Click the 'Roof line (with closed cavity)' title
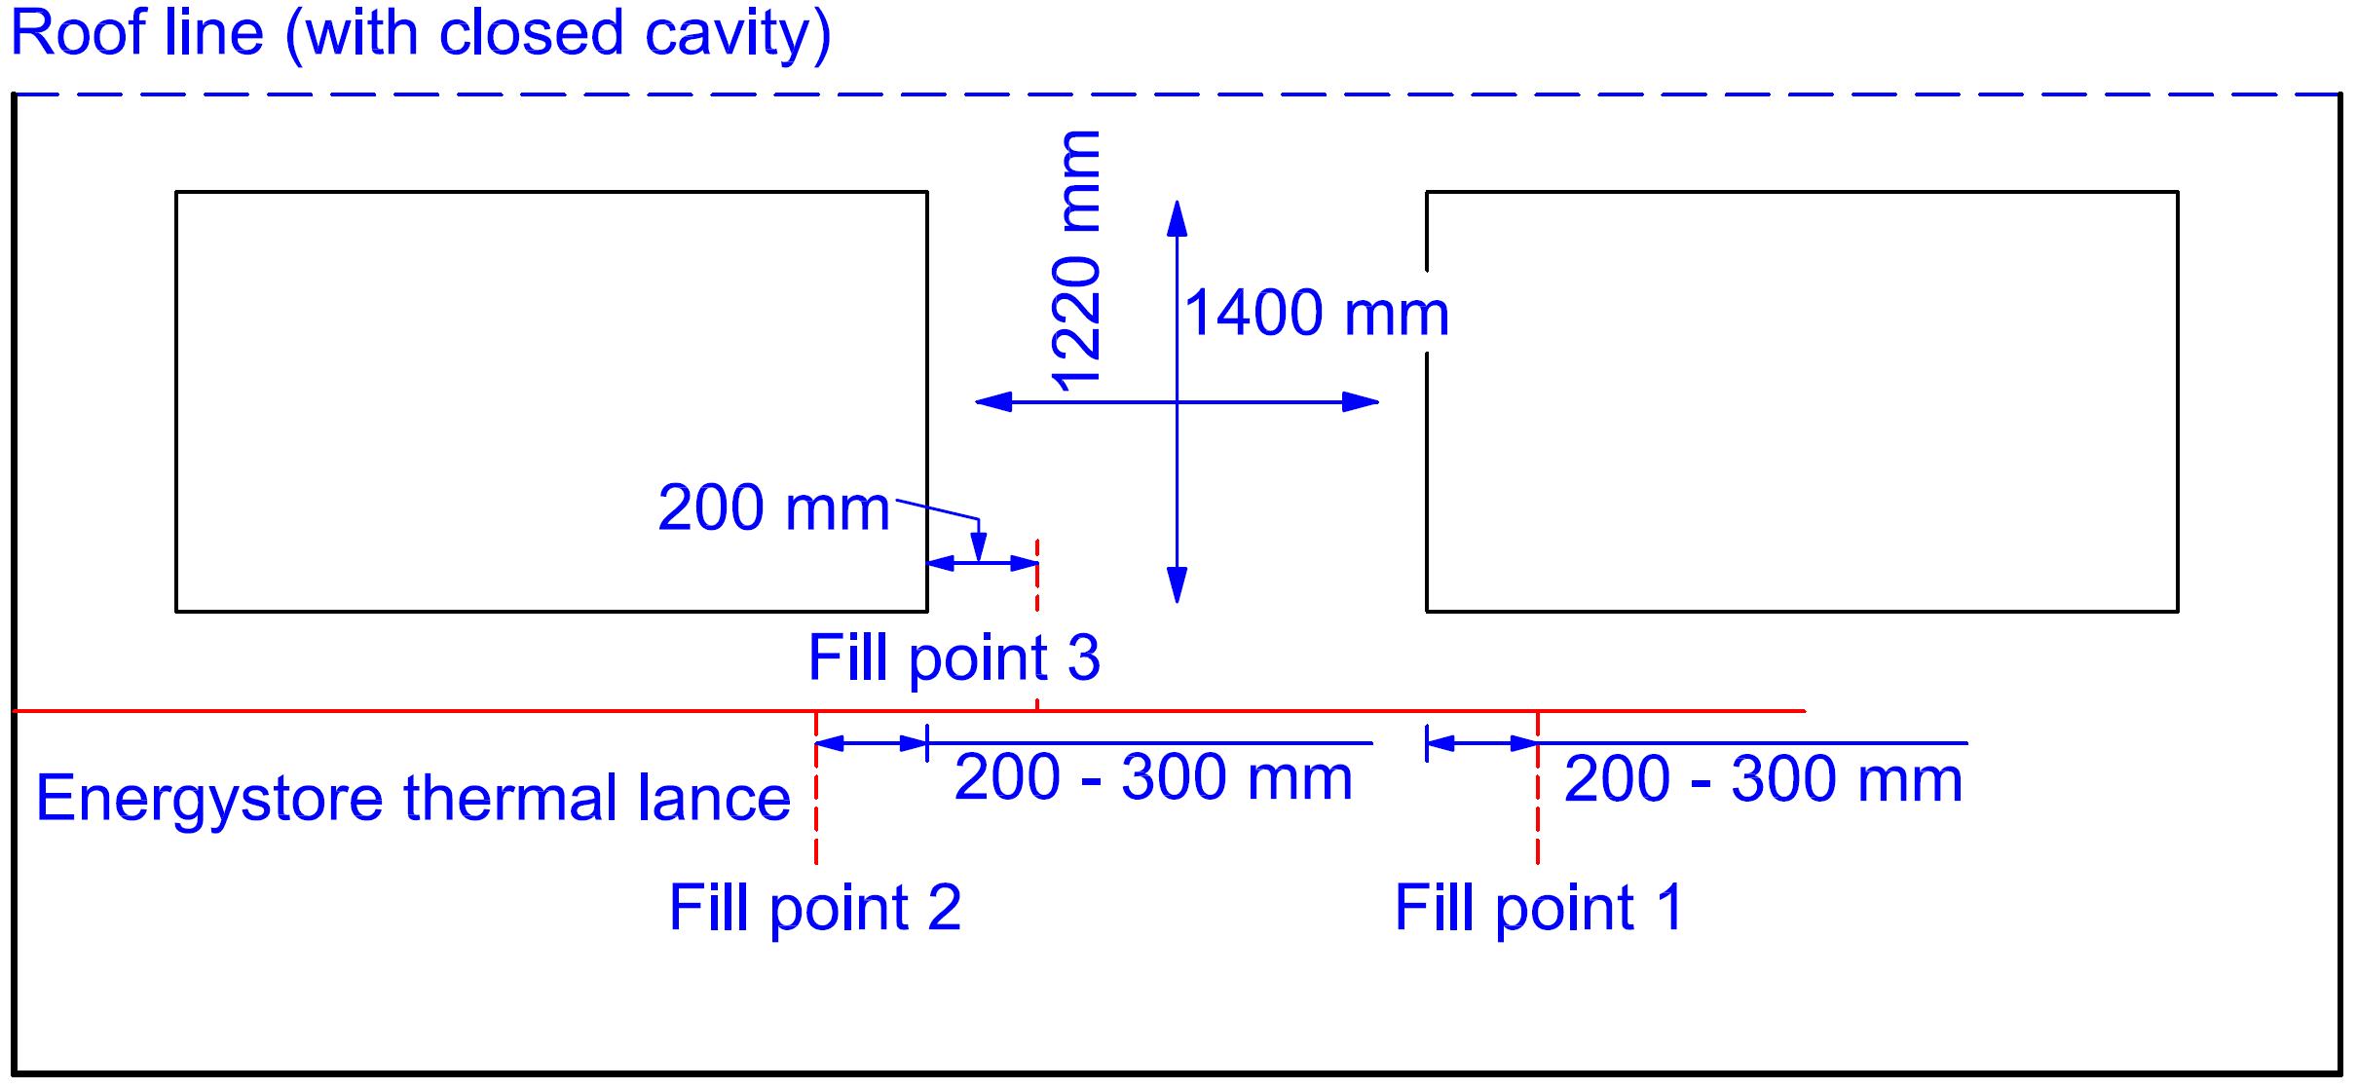[421, 35]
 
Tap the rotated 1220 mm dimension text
[1077, 261]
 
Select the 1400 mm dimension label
[1317, 314]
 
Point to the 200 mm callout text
[773, 508]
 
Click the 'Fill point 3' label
[954, 657]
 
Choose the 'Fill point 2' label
[814, 908]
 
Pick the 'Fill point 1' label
[1539, 908]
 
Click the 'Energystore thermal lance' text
[413, 799]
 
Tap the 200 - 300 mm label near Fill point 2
[1153, 778]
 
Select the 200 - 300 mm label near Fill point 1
[1763, 780]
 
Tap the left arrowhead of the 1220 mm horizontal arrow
[993, 401]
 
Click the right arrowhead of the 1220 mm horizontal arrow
[1361, 401]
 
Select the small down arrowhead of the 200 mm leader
[979, 547]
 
